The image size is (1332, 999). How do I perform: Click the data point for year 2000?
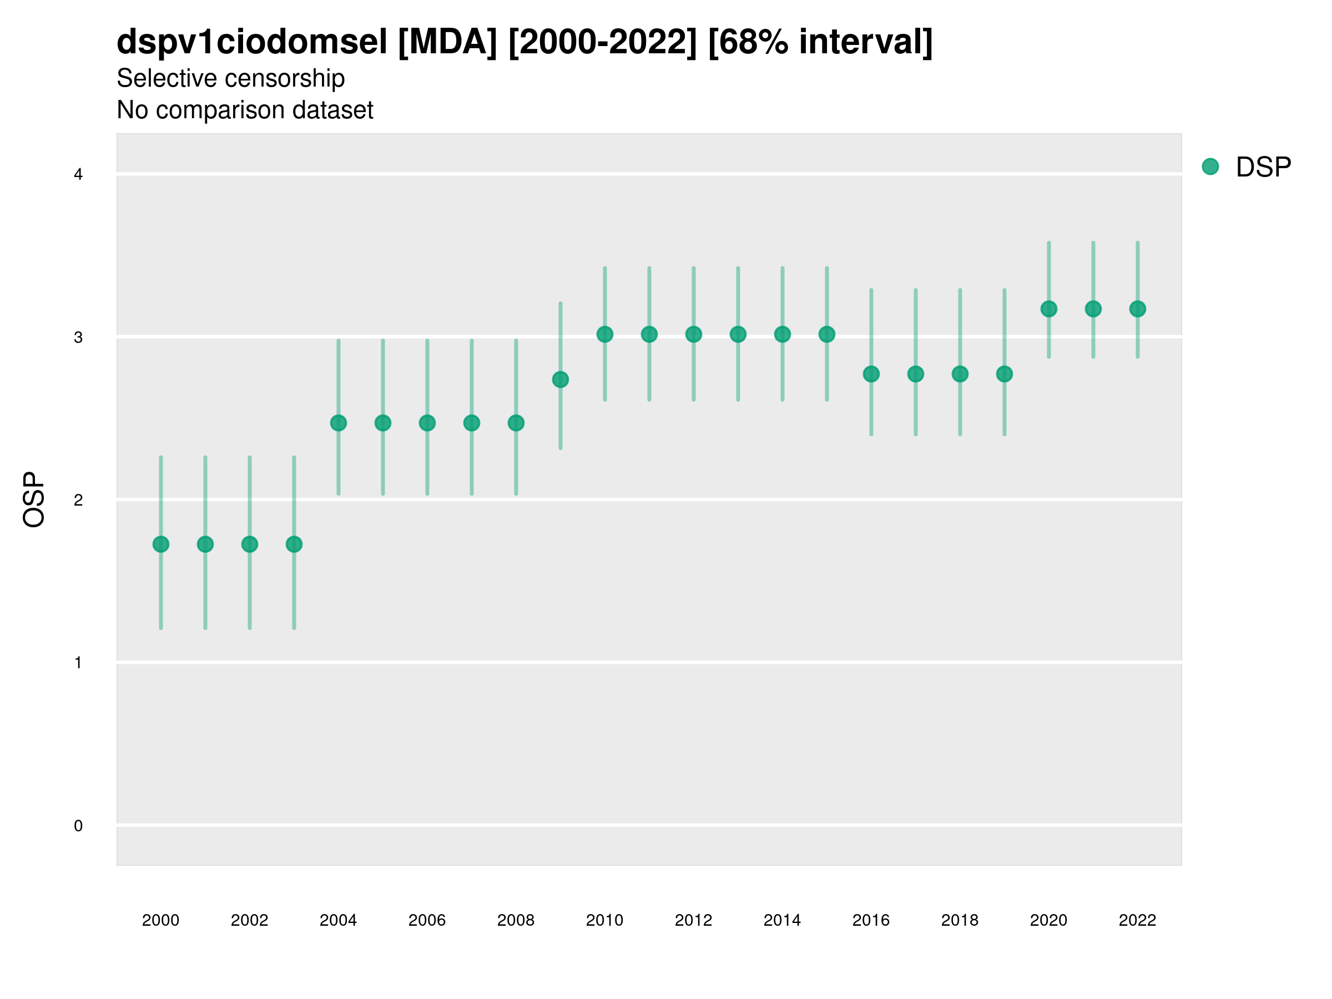(161, 544)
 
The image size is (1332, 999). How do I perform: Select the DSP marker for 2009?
(561, 380)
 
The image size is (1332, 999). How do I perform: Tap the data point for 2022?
(1138, 309)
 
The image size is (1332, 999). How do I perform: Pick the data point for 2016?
(871, 374)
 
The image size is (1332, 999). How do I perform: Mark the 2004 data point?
(339, 423)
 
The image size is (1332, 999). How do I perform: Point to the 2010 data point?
(604, 334)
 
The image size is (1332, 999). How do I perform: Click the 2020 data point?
(1049, 309)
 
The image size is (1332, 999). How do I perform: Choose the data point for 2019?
(1005, 374)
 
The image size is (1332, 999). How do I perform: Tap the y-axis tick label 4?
(78, 175)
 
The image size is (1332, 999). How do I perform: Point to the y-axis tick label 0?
(78, 826)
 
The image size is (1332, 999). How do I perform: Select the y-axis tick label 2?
(78, 500)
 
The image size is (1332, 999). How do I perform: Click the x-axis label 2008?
(516, 920)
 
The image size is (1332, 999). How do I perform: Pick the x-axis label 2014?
(782, 920)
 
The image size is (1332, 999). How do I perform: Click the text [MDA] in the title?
(447, 42)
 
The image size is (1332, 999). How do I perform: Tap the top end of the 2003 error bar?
(294, 458)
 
